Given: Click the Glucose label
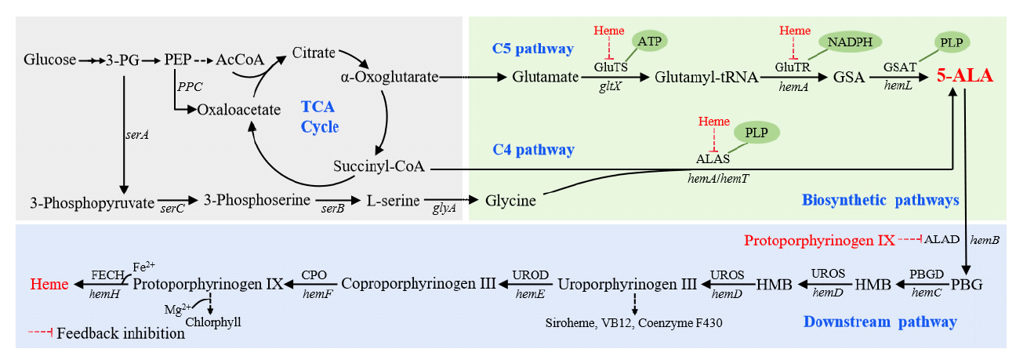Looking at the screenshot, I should click(50, 60).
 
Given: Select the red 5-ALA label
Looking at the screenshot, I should click(965, 76).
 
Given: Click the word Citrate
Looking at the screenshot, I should click(314, 53).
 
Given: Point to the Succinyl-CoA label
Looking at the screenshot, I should click(379, 167).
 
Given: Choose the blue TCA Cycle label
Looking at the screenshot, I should click(320, 116).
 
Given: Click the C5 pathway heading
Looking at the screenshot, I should click(532, 49).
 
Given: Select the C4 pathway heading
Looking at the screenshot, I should click(532, 150).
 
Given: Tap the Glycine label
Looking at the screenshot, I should click(510, 201).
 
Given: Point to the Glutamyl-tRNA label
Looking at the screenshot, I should click(706, 77).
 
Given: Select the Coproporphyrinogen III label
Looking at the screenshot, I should click(419, 284).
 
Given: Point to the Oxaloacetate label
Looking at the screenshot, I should click(238, 110).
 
